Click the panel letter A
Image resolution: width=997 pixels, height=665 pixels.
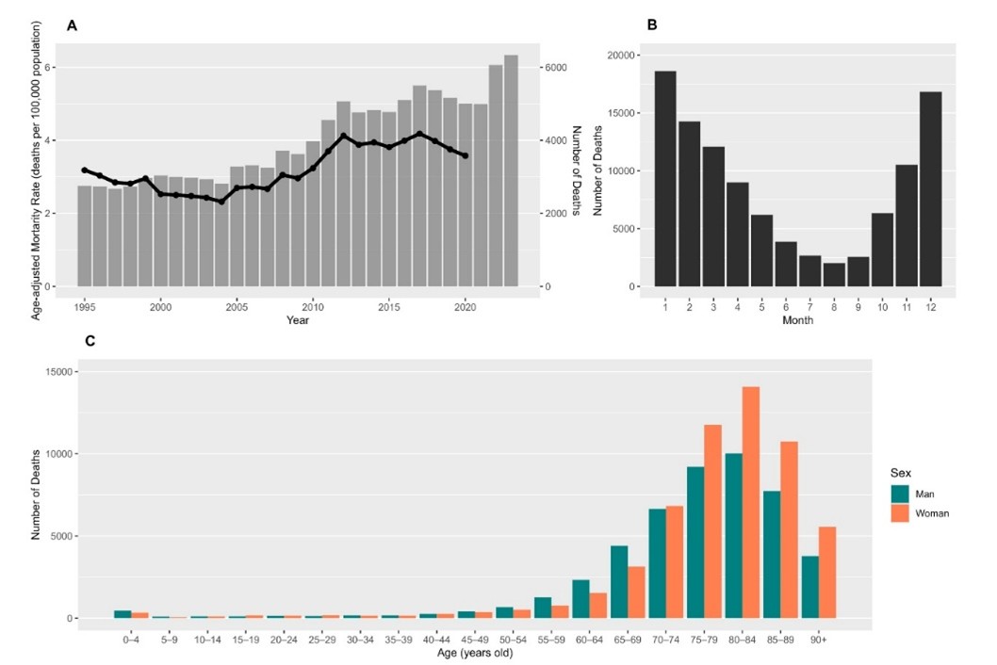pos(72,25)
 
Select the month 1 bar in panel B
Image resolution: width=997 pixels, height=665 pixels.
pos(664,179)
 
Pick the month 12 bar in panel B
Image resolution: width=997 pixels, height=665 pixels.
pos(931,188)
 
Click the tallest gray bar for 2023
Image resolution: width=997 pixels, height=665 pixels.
pos(511,170)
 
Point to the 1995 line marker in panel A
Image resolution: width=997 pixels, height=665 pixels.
pos(85,170)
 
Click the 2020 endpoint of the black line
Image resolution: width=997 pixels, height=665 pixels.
pos(466,156)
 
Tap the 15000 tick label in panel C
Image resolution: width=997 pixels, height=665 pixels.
pos(62,372)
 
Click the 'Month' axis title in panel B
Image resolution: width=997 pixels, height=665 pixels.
pos(797,319)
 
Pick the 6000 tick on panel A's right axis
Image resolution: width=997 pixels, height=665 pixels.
pos(555,68)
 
